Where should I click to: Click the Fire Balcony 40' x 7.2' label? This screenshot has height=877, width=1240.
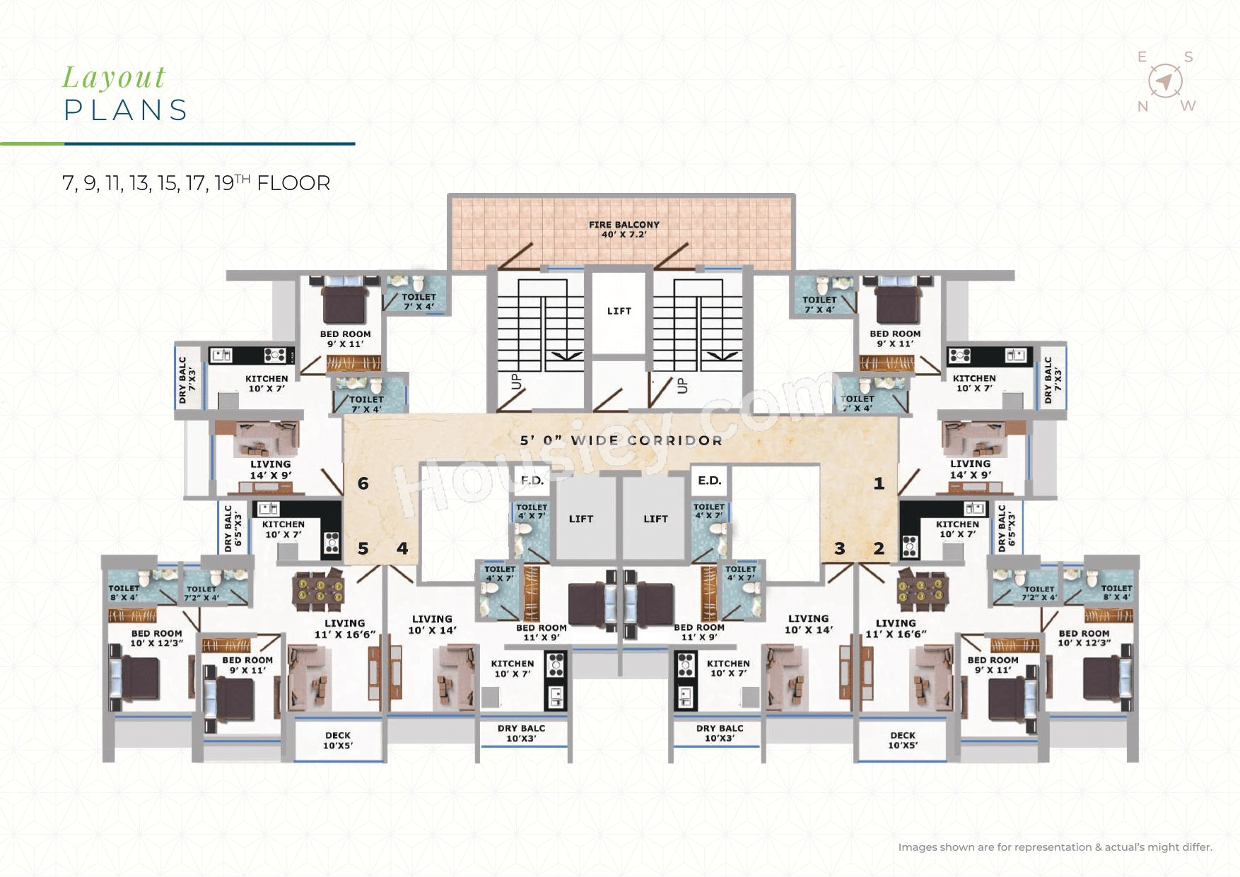click(x=624, y=229)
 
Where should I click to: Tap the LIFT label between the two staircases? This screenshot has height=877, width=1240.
click(x=619, y=311)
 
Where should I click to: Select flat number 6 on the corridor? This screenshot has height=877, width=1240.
click(x=363, y=483)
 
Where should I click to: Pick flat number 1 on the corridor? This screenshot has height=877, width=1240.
click(x=879, y=483)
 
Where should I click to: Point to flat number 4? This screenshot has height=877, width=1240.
click(x=402, y=548)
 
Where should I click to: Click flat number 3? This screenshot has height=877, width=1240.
click(x=840, y=548)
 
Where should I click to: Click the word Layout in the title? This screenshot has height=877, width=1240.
click(x=114, y=77)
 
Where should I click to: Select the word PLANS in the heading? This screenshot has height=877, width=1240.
click(x=126, y=110)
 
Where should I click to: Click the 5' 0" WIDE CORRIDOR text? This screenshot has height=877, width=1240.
click(x=621, y=440)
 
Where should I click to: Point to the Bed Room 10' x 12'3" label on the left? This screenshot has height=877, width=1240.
click(x=156, y=638)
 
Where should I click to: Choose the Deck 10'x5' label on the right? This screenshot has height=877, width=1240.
click(x=903, y=741)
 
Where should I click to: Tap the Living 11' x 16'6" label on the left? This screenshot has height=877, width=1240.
click(x=345, y=629)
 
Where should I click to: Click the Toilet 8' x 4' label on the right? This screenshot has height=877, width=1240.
click(x=1116, y=592)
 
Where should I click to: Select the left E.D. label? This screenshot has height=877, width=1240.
click(x=532, y=481)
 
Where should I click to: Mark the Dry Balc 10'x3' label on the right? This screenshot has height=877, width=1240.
click(x=720, y=733)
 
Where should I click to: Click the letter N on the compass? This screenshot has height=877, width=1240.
click(x=1142, y=107)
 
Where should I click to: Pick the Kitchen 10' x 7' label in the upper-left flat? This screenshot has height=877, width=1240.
click(x=267, y=383)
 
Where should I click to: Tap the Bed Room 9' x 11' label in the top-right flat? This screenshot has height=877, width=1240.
click(x=895, y=339)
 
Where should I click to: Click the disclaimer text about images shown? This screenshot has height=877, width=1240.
click(x=1055, y=847)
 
